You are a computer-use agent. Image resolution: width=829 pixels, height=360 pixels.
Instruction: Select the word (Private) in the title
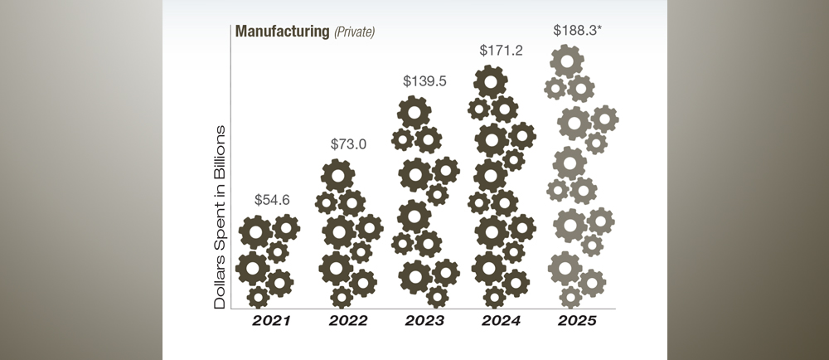356,32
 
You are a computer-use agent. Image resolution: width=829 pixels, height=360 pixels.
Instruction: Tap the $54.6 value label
273,200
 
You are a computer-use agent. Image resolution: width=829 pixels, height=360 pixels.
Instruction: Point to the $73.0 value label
348,144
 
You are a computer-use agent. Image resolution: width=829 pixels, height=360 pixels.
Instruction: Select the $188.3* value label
577,30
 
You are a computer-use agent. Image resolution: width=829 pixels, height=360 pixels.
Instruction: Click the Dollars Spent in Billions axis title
221,217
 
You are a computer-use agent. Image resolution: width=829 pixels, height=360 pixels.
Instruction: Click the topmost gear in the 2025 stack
567,61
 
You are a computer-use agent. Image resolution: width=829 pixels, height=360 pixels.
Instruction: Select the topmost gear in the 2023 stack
414,112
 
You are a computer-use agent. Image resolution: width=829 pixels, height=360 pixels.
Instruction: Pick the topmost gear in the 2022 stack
337,176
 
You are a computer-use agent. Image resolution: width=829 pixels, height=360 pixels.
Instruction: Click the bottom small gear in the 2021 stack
259,296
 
